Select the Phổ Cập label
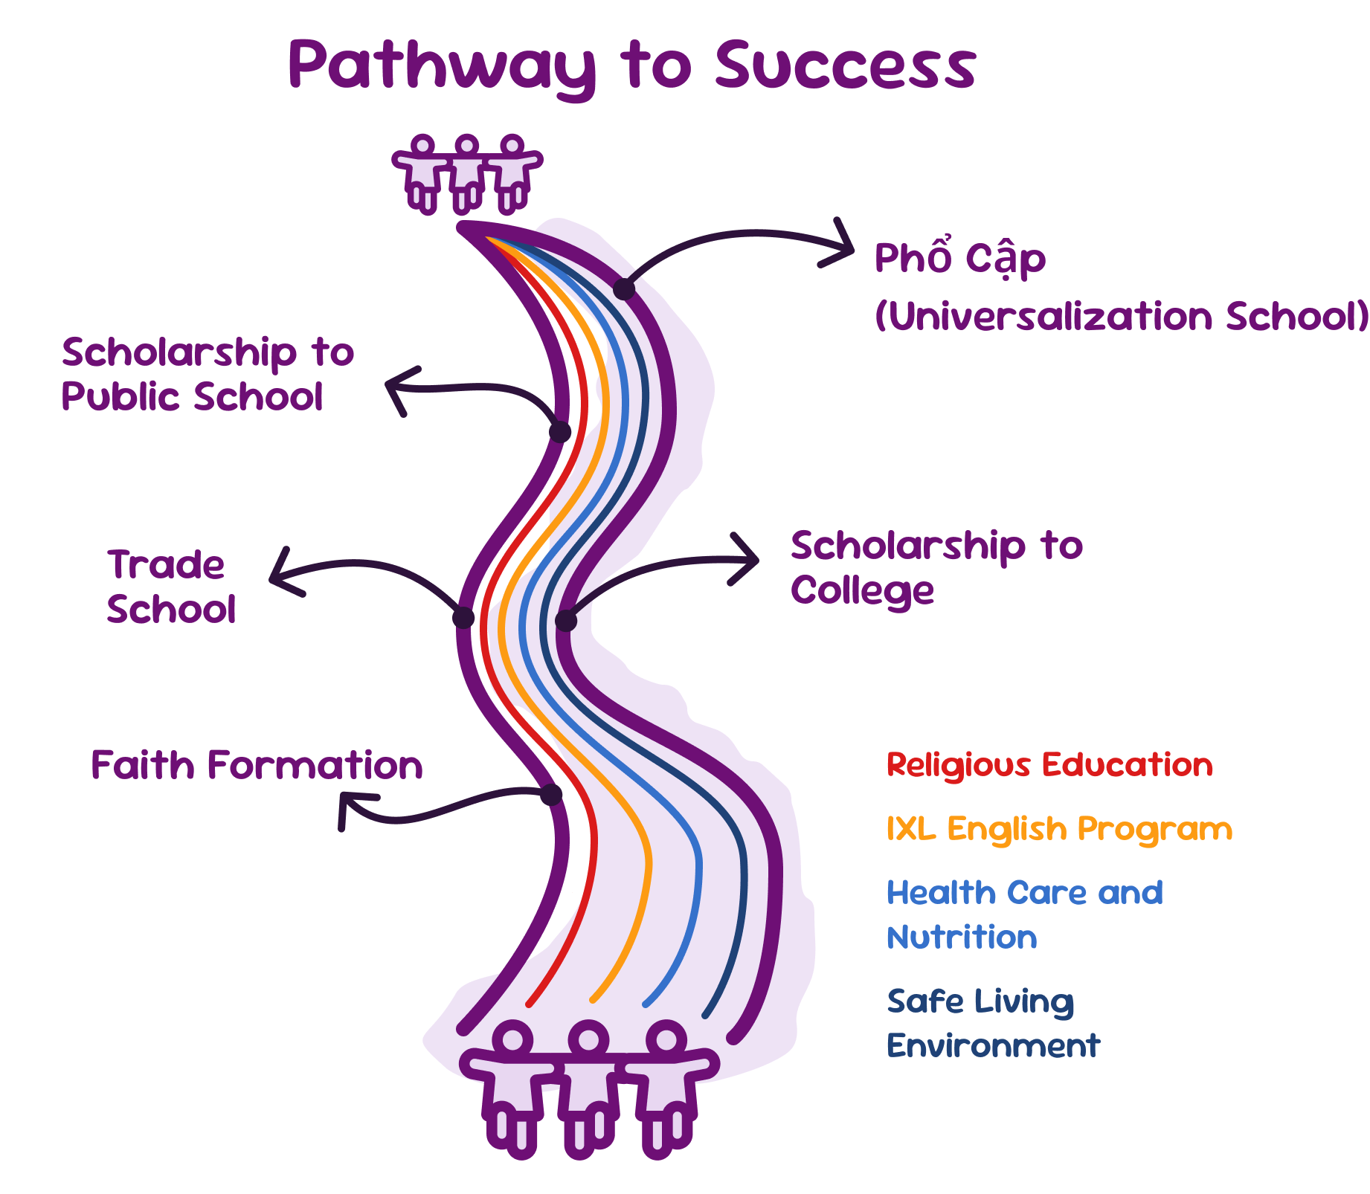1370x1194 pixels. (959, 258)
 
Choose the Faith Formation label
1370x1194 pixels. (257, 765)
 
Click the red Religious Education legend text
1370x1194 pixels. (1049, 765)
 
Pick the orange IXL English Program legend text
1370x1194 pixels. (1059, 829)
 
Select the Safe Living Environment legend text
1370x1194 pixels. (993, 1023)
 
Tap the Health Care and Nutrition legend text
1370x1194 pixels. (1024, 914)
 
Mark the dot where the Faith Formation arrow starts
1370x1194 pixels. (551, 795)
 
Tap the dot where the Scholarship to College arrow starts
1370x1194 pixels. (566, 620)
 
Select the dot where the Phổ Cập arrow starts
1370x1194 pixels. (624, 289)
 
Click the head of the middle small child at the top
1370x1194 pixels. (467, 145)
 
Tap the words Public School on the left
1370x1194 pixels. (192, 396)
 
